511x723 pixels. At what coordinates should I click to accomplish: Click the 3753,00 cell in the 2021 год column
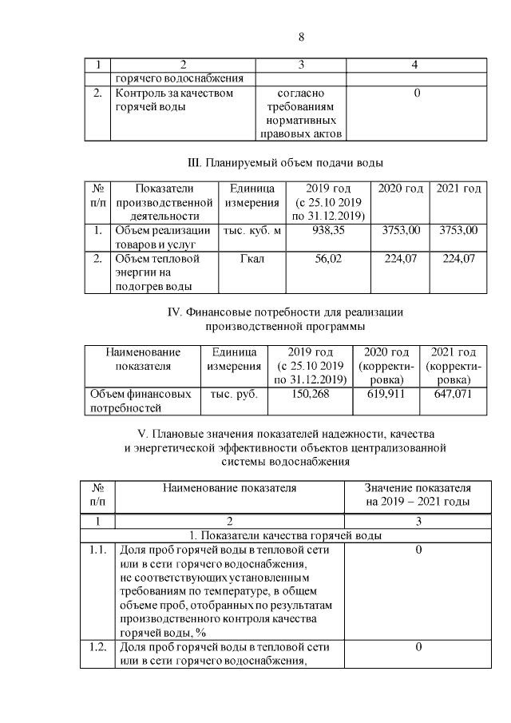coord(458,231)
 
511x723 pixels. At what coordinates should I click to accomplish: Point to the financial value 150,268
coord(309,394)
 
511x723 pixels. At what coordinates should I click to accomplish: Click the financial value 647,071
coord(452,394)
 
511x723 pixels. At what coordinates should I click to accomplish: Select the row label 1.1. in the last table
coord(99,550)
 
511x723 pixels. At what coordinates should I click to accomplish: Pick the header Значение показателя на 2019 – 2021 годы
coord(418,495)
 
